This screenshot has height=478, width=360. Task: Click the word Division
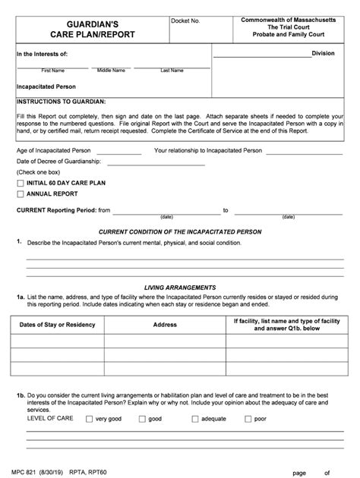328,54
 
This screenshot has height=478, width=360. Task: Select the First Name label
52,71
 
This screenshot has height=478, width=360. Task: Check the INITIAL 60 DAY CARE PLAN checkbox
21,183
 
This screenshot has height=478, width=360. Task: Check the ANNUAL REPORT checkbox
21,194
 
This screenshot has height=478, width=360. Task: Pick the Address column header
165,325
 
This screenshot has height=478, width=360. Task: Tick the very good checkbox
90,419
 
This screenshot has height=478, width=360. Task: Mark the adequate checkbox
196,419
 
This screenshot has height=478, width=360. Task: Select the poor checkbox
248,419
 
